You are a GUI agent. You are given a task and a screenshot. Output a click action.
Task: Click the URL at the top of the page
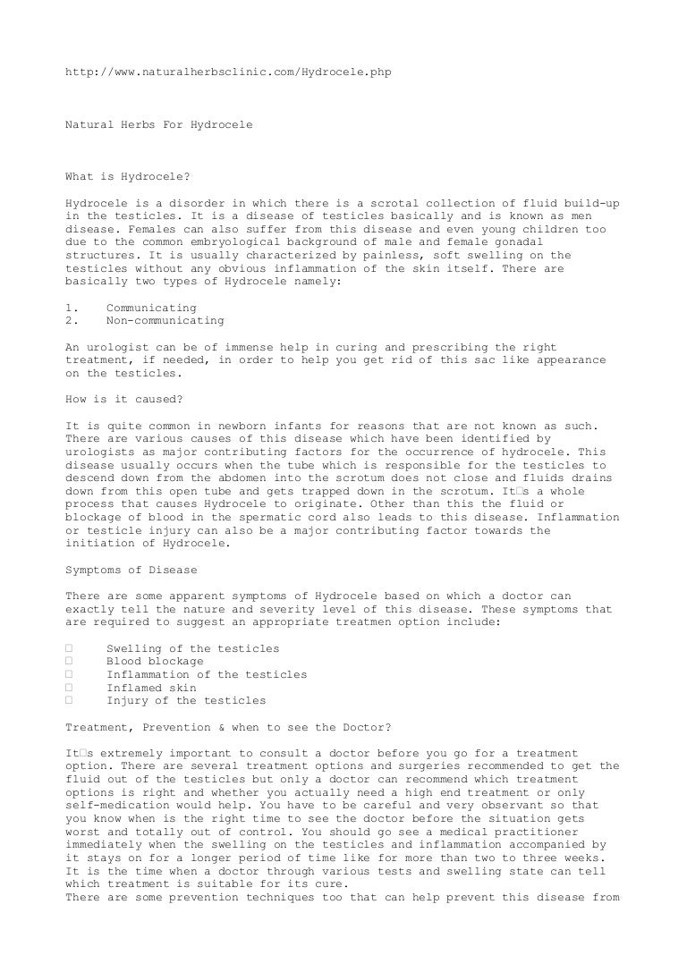pyautogui.click(x=229, y=69)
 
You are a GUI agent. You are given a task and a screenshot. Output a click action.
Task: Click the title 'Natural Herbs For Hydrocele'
pyautogui.click(x=159, y=124)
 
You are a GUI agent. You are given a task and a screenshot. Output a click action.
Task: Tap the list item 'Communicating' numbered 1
pyautogui.click(x=151, y=308)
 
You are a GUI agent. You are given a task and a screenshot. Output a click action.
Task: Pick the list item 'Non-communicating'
pyautogui.click(x=165, y=320)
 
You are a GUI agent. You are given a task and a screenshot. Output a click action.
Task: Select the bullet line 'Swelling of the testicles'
pyautogui.click(x=192, y=648)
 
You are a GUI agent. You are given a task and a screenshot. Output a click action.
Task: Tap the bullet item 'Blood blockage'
pyautogui.click(x=155, y=662)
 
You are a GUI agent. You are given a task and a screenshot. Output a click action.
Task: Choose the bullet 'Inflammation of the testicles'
pyautogui.click(x=207, y=674)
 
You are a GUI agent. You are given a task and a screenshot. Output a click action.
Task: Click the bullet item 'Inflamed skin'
pyautogui.click(x=151, y=688)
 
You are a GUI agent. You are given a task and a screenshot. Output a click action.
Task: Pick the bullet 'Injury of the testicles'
pyautogui.click(x=186, y=701)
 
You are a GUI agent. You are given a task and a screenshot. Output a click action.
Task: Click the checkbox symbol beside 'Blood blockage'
pyautogui.click(x=69, y=662)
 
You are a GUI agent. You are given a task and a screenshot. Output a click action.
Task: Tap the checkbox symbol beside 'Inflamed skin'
pyautogui.click(x=69, y=688)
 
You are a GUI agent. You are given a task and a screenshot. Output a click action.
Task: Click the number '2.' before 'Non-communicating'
pyautogui.click(x=71, y=320)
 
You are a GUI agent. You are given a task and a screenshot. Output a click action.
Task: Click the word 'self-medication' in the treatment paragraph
pyautogui.click(x=117, y=793)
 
